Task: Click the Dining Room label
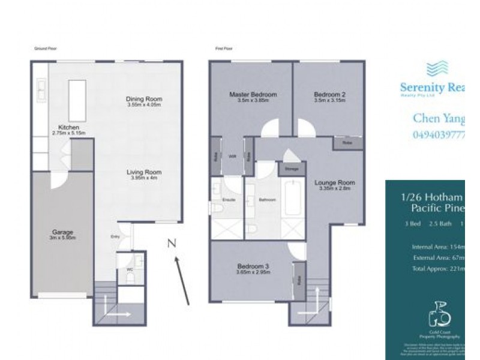(x=144, y=99)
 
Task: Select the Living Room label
(x=143, y=172)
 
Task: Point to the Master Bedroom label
(x=253, y=95)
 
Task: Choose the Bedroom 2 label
(x=329, y=95)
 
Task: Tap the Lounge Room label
(x=337, y=182)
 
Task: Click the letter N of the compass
(x=171, y=243)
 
